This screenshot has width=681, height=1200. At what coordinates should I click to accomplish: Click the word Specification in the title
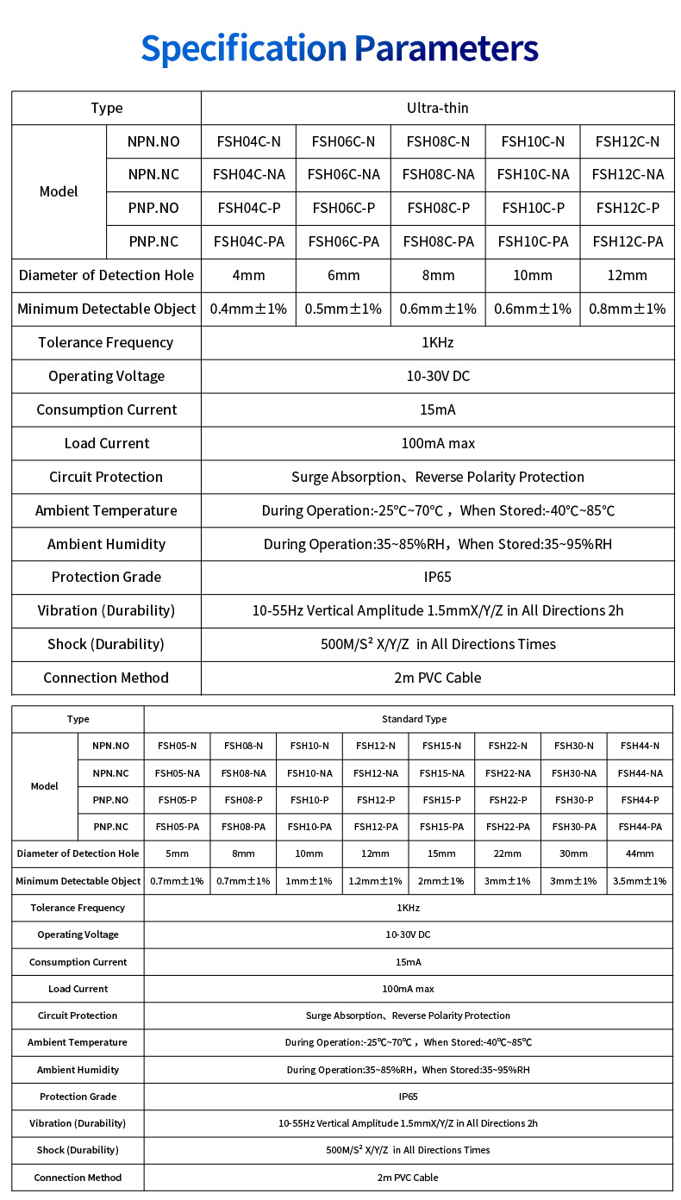[x=243, y=48]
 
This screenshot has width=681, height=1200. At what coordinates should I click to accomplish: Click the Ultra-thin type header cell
[x=437, y=108]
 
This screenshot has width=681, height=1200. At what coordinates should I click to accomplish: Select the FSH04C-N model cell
[x=248, y=141]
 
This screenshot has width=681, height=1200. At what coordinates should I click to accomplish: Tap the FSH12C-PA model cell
[x=628, y=241]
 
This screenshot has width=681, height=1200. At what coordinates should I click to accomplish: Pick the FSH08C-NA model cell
[x=438, y=174]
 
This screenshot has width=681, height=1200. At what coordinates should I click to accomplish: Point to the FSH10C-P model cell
[x=533, y=208]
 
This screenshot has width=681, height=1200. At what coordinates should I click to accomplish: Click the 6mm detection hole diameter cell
[x=343, y=275]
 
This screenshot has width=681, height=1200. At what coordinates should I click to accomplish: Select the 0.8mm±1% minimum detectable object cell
[x=628, y=309]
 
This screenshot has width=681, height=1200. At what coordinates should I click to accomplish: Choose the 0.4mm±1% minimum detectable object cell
[x=248, y=309]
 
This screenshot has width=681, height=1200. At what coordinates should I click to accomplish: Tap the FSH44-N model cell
[x=640, y=746]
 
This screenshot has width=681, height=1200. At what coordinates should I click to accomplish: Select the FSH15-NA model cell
[x=441, y=773]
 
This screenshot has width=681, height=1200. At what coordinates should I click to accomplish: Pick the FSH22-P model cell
[x=508, y=800]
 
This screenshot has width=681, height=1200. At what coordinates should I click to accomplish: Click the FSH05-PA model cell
[x=178, y=827]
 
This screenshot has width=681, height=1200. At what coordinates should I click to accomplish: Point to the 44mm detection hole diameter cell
[x=640, y=853]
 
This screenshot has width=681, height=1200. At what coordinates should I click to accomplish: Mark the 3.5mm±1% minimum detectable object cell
[x=640, y=881]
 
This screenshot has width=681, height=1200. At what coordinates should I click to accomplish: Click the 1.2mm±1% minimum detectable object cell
[x=375, y=881]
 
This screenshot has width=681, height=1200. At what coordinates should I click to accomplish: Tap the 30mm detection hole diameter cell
[x=574, y=853]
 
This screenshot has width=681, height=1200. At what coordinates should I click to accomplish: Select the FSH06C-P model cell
[x=343, y=208]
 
